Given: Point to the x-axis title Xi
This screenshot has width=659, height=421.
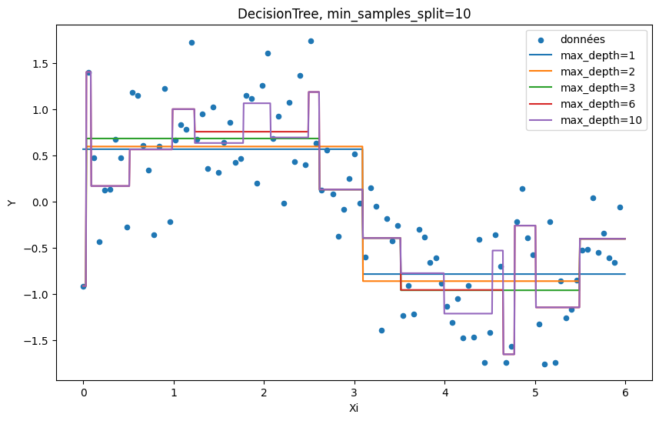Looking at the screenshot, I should [x=354, y=408].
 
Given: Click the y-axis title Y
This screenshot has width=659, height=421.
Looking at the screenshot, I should [x=12, y=202].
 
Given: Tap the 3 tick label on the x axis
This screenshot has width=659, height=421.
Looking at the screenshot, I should [x=354, y=393].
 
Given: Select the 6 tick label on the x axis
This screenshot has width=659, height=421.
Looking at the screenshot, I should [x=625, y=393].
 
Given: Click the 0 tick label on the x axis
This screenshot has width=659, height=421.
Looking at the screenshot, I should [x=84, y=393].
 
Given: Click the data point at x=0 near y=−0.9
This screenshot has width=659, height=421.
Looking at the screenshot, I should [x=84, y=286].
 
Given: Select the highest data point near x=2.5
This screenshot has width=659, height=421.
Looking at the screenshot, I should [x=311, y=41].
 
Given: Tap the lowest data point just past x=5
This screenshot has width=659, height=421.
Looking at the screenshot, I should [x=544, y=364].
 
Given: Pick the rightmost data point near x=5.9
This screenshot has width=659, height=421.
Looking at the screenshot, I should [x=620, y=207].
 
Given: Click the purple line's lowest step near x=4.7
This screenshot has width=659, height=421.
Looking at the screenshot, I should [x=509, y=354].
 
